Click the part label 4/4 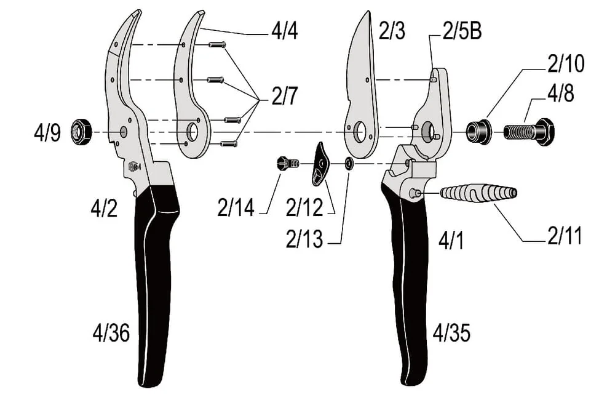coord(284,31)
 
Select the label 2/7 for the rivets coord(285,96)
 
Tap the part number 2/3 coord(392,31)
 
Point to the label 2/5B coord(462,31)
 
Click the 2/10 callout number coord(566,63)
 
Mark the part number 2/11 coord(565,236)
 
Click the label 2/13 coord(304,239)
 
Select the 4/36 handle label coord(111,334)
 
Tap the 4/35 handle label coord(451,334)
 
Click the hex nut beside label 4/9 coord(81,131)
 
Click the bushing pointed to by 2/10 coord(478,130)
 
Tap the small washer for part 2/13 coord(348,163)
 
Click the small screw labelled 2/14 coord(288,162)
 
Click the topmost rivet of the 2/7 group coord(217,45)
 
